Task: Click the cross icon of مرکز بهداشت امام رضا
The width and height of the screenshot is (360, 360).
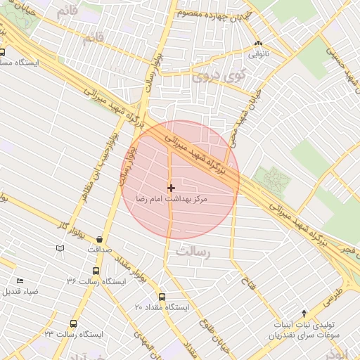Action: [171, 188]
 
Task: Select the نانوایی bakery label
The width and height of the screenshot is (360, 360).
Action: [258, 53]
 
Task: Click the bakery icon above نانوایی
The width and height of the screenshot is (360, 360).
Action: [258, 42]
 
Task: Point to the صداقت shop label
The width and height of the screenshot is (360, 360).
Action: [99, 250]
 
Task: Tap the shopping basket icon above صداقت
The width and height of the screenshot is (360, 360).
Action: [99, 239]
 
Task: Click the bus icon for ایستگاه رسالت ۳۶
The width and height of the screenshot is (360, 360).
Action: [96, 271]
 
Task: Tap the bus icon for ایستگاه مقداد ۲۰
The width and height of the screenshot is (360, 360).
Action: [162, 297]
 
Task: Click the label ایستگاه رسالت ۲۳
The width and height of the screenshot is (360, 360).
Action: [73, 334]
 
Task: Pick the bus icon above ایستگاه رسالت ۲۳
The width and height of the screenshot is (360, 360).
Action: [73, 323]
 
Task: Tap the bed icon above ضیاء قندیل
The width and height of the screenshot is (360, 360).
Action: [19, 281]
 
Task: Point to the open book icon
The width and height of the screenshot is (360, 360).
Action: [60, 248]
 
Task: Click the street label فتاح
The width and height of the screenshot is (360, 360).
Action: [247, 285]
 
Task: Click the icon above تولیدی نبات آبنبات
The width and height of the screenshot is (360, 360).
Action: [304, 313]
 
